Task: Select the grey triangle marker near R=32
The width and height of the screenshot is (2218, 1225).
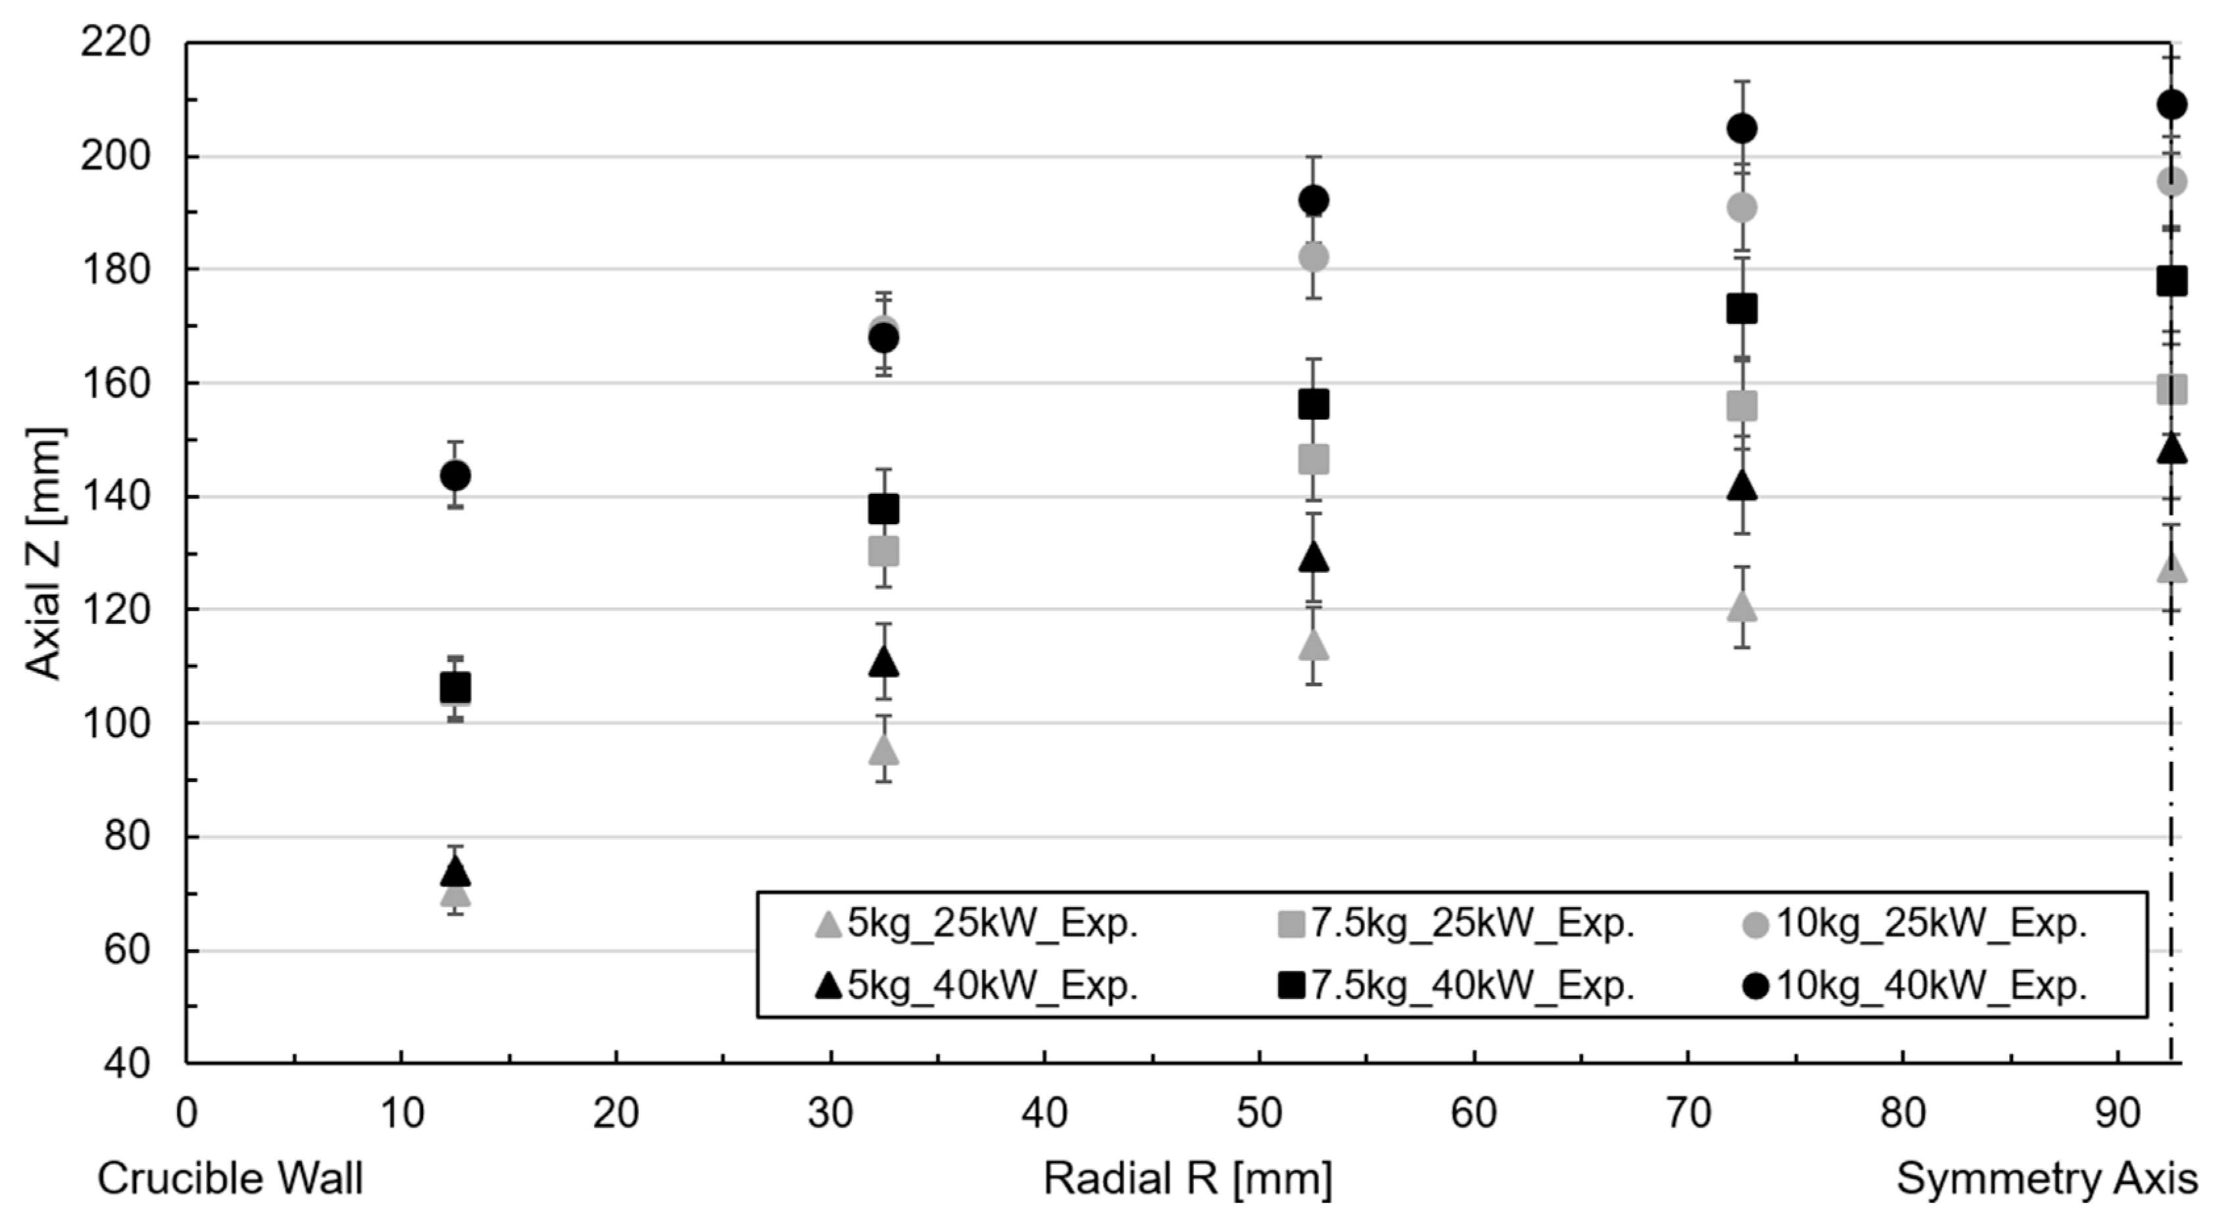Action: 883,750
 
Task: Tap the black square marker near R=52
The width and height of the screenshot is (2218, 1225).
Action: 1313,404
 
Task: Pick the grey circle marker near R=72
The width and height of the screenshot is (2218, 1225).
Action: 1742,208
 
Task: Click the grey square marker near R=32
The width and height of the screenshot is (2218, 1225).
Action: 883,551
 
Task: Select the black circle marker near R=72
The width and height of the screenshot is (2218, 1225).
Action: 1742,129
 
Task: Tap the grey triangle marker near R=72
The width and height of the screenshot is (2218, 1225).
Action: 1742,607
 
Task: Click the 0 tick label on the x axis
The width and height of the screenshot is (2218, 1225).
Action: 186,1114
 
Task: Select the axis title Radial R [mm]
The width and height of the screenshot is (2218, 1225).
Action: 1188,1178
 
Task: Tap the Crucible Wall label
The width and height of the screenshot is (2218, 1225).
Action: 230,1178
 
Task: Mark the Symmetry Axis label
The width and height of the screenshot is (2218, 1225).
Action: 2046,1178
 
